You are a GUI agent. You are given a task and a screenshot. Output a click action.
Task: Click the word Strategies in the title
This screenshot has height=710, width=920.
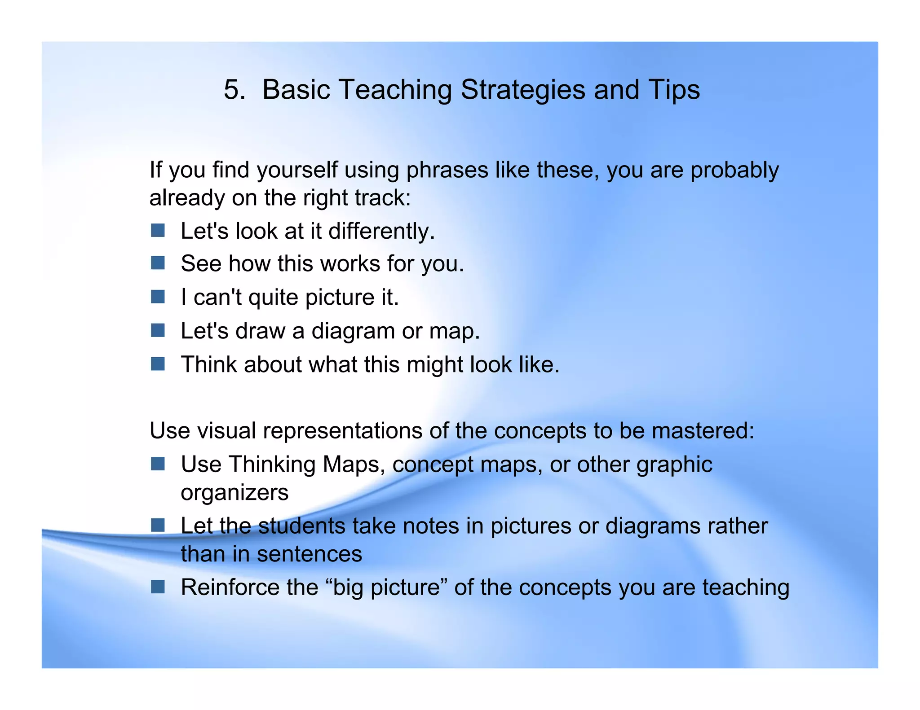tap(523, 90)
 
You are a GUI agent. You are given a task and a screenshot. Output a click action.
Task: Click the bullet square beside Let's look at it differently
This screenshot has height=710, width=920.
tap(158, 231)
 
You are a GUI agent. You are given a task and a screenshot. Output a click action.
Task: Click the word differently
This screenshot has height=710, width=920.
tap(381, 232)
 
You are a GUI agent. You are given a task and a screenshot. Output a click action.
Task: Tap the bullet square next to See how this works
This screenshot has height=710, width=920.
tap(158, 263)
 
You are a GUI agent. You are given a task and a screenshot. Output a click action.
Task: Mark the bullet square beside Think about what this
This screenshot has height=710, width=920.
tap(158, 364)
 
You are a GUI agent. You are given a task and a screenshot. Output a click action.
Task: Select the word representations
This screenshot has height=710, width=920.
tap(342, 431)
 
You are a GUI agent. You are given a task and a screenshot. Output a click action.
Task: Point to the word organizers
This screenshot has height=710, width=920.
tap(234, 493)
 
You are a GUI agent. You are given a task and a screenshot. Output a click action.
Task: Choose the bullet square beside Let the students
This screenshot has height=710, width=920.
tap(158, 525)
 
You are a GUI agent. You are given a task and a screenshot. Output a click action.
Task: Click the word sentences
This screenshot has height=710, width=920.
tap(309, 554)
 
